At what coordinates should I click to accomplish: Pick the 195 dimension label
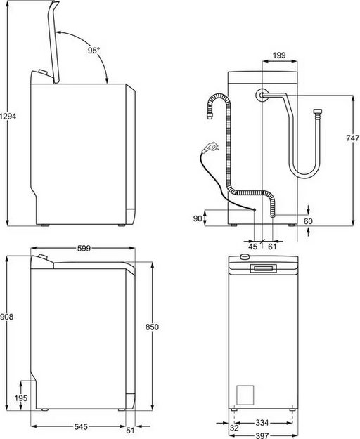point(22,398)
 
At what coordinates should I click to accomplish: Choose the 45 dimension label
point(253,247)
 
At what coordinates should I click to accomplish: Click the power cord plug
point(209,148)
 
